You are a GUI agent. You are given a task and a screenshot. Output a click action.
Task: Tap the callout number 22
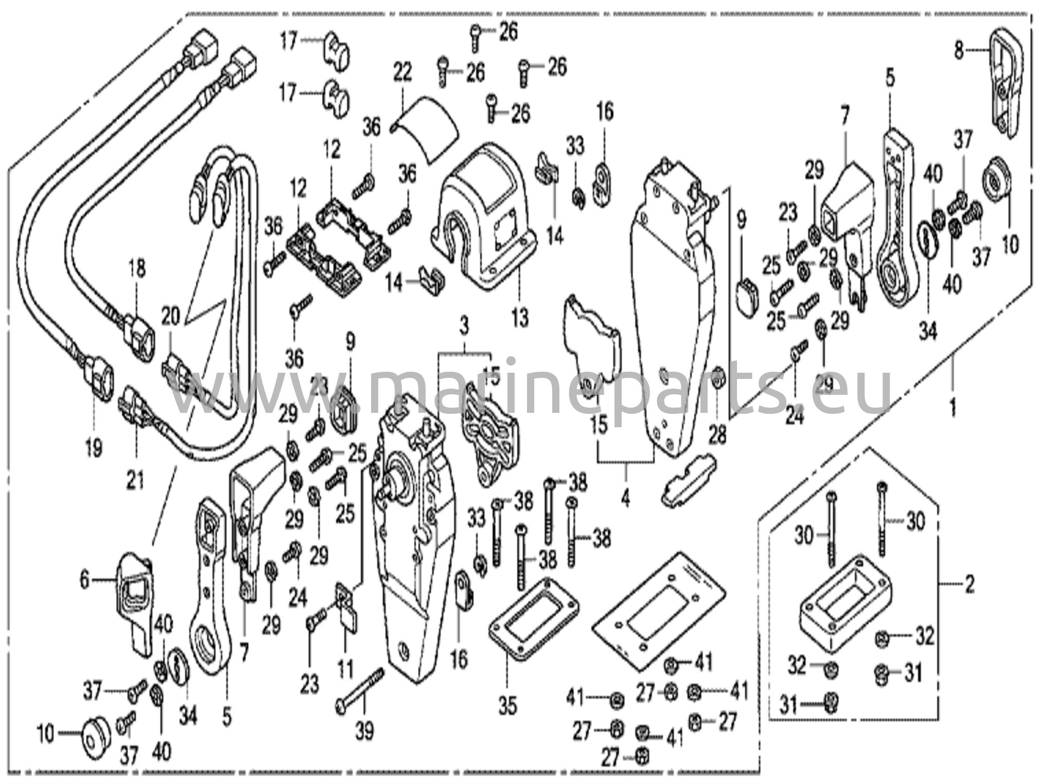tap(402, 72)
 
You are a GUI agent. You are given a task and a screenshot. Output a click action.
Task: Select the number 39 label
tap(364, 731)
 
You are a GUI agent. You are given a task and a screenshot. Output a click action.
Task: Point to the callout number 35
tap(507, 706)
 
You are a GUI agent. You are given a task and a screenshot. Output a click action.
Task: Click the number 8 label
tap(958, 51)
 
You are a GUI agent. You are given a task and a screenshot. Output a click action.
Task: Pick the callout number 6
tap(84, 580)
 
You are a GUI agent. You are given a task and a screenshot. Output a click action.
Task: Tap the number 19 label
tap(94, 447)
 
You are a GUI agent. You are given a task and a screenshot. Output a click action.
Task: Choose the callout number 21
tap(136, 481)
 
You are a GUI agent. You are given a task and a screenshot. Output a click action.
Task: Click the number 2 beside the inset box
tap(969, 585)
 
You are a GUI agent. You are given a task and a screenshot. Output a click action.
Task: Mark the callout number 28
tap(717, 435)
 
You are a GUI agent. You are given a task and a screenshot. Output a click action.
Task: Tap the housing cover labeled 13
tap(484, 221)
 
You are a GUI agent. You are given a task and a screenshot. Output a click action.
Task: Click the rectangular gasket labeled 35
tap(533, 617)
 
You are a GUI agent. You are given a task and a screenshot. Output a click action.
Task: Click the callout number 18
tap(136, 268)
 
